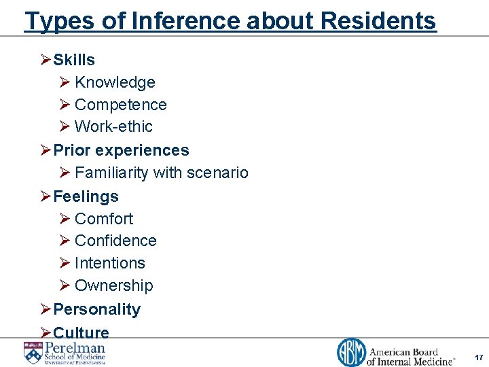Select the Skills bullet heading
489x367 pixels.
(x=74, y=60)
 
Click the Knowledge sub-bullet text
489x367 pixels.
(x=115, y=82)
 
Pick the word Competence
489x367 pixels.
(x=120, y=105)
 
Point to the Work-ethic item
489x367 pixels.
(x=113, y=126)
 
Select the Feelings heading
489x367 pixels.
(x=86, y=196)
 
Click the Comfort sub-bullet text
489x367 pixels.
(x=104, y=219)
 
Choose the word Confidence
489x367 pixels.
(x=115, y=241)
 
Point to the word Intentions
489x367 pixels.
(x=110, y=263)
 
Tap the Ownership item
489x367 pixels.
(x=113, y=285)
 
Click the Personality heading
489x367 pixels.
(x=96, y=309)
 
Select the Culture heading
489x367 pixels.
(x=81, y=332)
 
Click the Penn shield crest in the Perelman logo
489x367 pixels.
(x=32, y=352)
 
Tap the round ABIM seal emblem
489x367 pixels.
(x=351, y=353)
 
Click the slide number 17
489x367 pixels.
(x=479, y=357)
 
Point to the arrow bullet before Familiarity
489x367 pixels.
(x=65, y=173)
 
